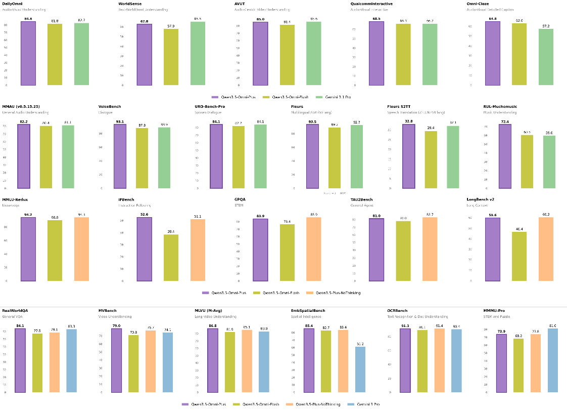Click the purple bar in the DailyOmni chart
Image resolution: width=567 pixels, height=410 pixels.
28,53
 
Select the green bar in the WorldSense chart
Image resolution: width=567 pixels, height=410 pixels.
198,53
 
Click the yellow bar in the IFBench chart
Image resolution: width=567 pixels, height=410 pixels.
171,258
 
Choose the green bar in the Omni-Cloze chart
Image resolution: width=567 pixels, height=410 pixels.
546,57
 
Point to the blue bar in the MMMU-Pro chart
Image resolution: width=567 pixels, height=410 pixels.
552,360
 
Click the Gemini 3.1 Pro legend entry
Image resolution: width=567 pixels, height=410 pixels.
333,96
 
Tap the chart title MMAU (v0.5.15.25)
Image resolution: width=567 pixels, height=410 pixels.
21,106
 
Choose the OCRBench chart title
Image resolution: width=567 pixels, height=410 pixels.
397,310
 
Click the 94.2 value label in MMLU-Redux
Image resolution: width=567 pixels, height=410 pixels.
28,214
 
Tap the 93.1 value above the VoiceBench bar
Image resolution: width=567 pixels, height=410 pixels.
120,121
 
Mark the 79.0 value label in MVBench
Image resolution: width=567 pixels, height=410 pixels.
116,326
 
